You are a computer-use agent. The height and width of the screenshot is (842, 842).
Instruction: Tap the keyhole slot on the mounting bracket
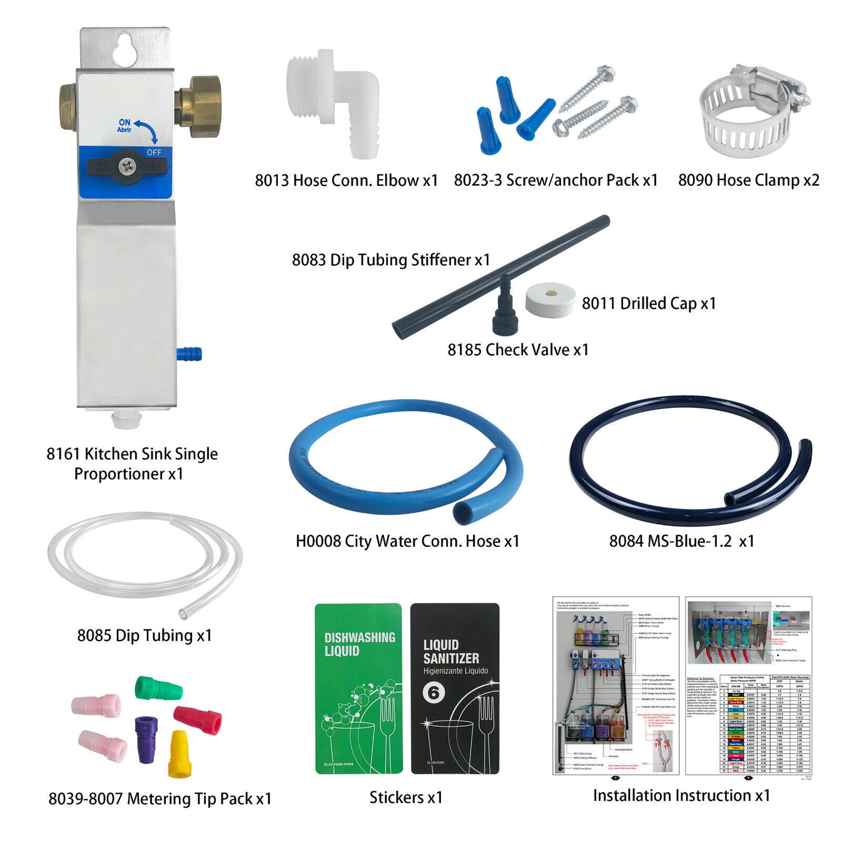(x=125, y=49)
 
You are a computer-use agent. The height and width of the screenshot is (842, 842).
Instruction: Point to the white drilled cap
(x=550, y=300)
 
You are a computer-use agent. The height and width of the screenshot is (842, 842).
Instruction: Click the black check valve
(x=504, y=310)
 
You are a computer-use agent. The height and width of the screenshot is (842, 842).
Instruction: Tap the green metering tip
(x=159, y=689)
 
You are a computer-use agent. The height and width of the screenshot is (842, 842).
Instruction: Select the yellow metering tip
(x=179, y=754)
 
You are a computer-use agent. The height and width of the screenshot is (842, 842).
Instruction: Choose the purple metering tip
(x=146, y=739)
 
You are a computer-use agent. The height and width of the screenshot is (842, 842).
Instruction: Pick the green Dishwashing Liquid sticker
(x=358, y=688)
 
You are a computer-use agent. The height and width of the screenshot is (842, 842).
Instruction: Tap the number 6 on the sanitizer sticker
(x=434, y=692)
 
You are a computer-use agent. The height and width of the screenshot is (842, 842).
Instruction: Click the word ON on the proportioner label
(x=124, y=122)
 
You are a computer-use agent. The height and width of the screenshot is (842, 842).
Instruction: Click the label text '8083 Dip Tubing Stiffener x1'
(x=391, y=260)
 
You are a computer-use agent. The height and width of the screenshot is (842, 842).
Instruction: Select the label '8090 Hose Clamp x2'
(x=749, y=180)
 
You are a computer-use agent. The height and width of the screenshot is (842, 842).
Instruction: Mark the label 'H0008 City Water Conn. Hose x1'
(x=407, y=541)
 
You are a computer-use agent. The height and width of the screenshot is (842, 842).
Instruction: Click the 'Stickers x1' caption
(x=406, y=798)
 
